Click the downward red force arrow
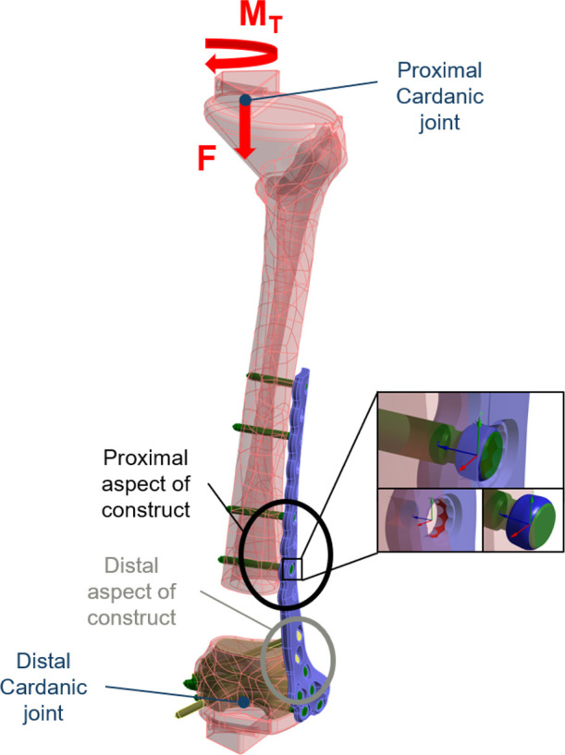pyautogui.click(x=245, y=129)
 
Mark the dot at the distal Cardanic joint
pyautogui.click(x=242, y=701)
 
